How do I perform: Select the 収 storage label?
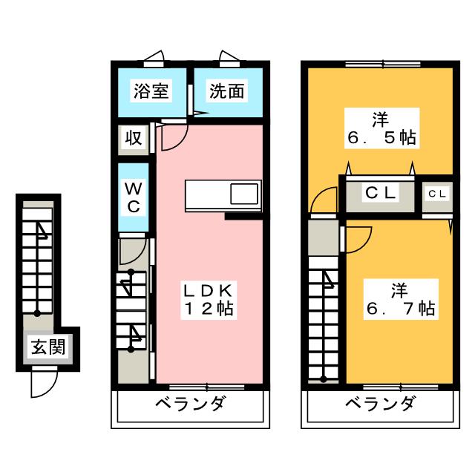click(133, 138)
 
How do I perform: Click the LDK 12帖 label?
click(209, 298)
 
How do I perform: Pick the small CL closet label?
click(436, 194)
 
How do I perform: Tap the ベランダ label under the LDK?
click(190, 405)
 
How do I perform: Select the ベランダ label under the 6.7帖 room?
click(380, 405)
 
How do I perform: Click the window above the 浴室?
click(154, 58)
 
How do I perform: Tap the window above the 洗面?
click(228, 58)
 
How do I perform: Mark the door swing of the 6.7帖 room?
click(357, 240)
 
